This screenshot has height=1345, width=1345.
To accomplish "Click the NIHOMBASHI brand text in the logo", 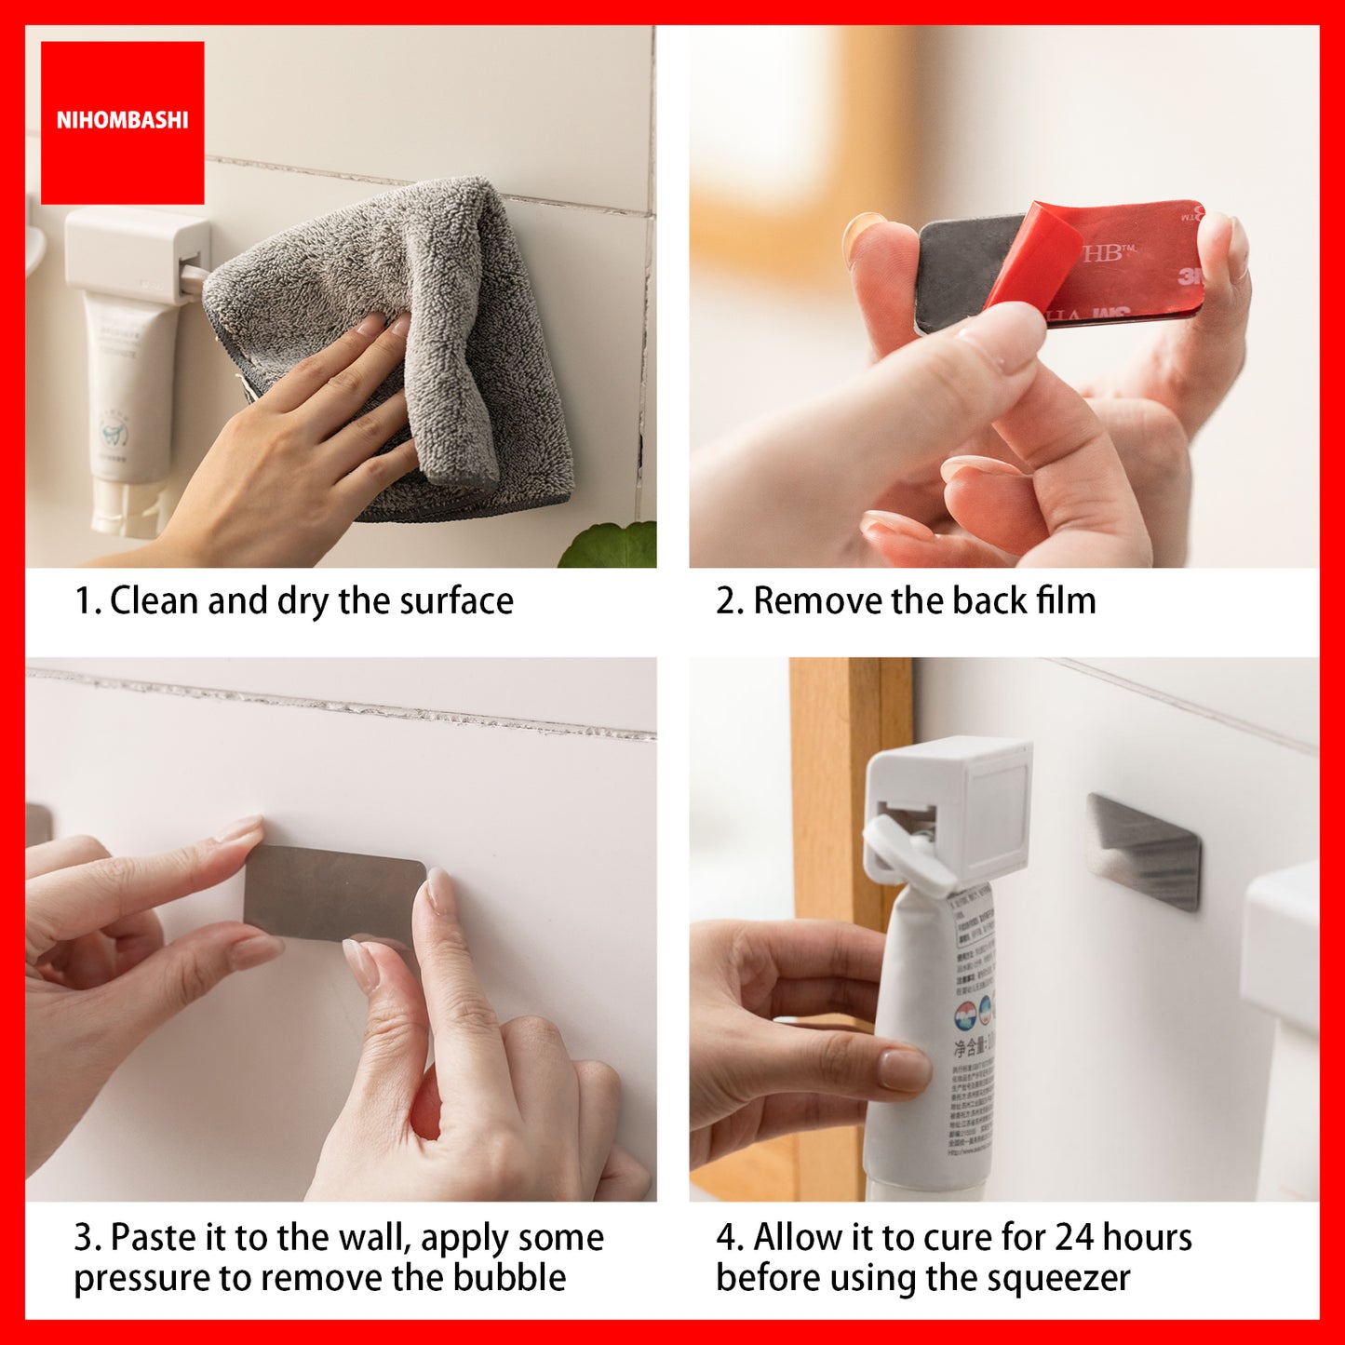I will [x=122, y=120].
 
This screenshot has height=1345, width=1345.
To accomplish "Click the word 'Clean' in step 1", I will [x=155, y=601].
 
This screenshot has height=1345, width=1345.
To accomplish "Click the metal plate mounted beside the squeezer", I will [x=1142, y=852].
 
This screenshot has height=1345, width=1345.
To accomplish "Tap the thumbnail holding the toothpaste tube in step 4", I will [x=903, y=1070].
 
